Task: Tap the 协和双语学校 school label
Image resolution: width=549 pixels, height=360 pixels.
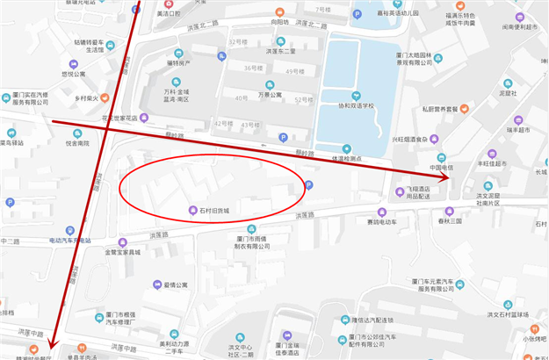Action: pyautogui.click(x=351, y=105)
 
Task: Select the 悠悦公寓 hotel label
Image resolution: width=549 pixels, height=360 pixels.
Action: pyautogui.click(x=74, y=75)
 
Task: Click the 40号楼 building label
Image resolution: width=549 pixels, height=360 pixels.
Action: pyautogui.click(x=242, y=97)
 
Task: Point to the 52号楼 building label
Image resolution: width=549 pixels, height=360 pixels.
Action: pyautogui.click(x=304, y=99)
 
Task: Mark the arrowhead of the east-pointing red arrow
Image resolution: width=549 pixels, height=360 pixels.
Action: pyautogui.click(x=446, y=178)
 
